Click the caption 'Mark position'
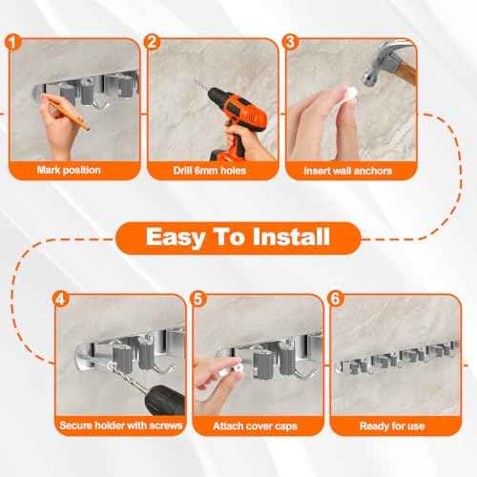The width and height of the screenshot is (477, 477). [71, 172]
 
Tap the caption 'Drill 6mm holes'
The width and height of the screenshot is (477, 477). [210, 172]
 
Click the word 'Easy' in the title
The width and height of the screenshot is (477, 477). [181, 237]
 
